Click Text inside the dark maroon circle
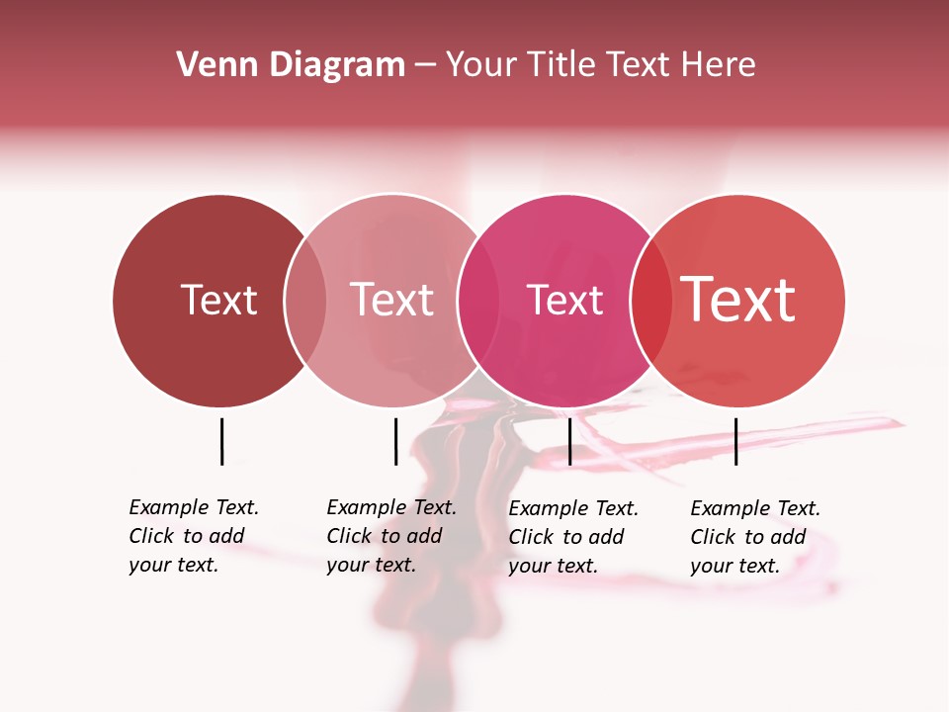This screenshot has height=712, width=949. pyautogui.click(x=218, y=300)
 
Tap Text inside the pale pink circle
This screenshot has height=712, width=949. pyautogui.click(x=391, y=300)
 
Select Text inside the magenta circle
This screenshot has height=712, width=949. pyautogui.click(x=564, y=300)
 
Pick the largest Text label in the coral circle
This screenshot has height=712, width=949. pyautogui.click(x=738, y=300)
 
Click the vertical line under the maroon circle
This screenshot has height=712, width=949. pyautogui.click(x=221, y=441)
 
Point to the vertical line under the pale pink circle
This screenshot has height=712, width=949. pyautogui.click(x=395, y=441)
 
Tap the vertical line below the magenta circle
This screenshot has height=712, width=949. pyautogui.click(x=569, y=441)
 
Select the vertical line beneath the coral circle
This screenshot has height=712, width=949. pyautogui.click(x=735, y=441)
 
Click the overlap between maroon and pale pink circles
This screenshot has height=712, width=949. pyautogui.click(x=305, y=301)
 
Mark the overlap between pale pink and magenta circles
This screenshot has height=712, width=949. pyautogui.click(x=477, y=301)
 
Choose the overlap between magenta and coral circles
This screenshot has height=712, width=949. pyautogui.click(x=650, y=301)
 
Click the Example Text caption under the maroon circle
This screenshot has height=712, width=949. pyautogui.click(x=194, y=536)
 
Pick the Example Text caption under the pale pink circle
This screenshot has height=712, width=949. pyautogui.click(x=391, y=536)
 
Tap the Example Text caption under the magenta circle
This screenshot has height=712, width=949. pyautogui.click(x=573, y=537)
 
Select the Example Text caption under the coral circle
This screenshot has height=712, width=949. pyautogui.click(x=755, y=537)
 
